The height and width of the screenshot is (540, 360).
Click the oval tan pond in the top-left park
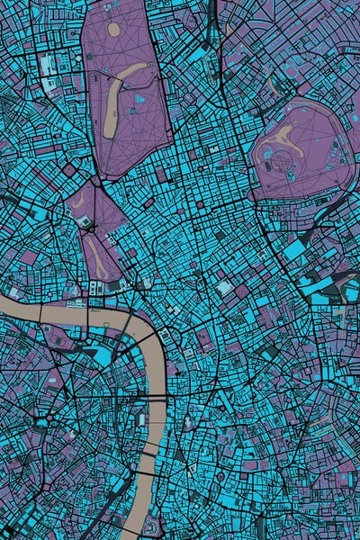pos(114,29)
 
